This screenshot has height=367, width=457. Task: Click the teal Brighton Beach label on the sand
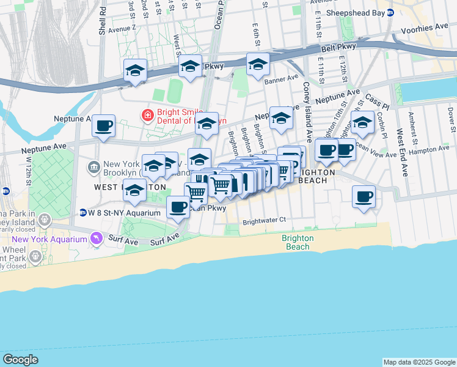[298, 242]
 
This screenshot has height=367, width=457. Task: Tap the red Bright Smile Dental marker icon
[147, 114]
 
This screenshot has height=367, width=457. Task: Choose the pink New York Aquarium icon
[96, 239]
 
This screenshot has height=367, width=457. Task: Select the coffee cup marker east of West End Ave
[364, 197]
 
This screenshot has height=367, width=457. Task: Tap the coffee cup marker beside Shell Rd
[103, 126]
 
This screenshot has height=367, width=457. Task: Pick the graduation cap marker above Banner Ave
[258, 64]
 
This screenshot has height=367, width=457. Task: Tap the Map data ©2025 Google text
[419, 362]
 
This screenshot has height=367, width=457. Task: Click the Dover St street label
[451, 119]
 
